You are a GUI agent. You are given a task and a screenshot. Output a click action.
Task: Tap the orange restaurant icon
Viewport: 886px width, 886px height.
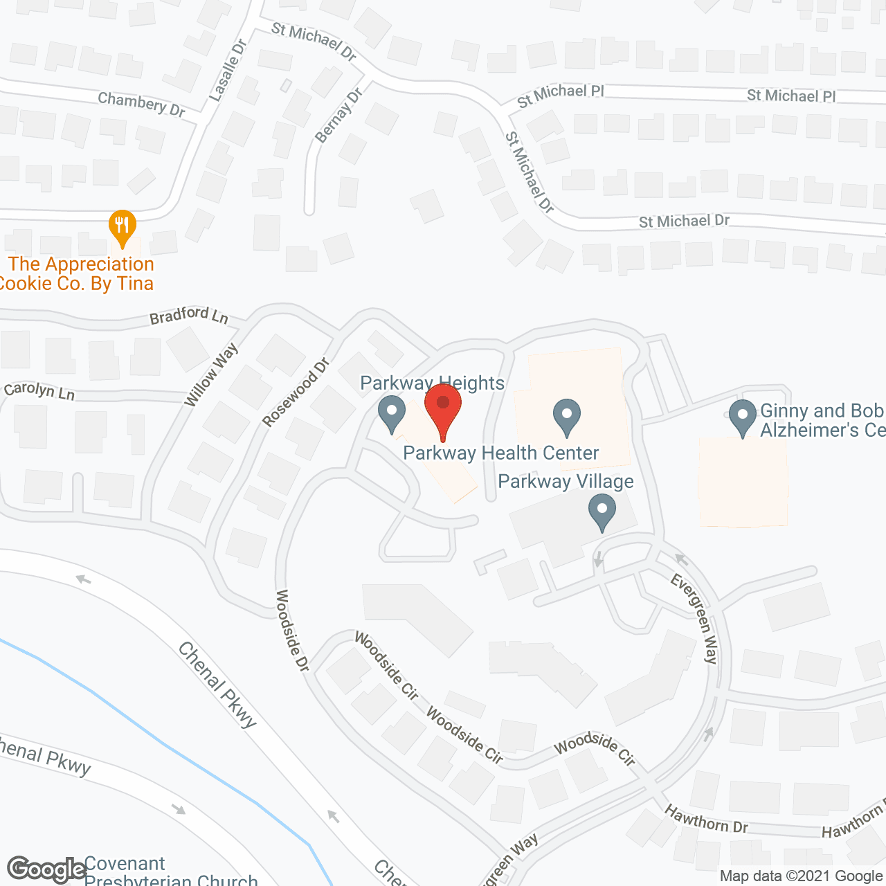click(x=123, y=225)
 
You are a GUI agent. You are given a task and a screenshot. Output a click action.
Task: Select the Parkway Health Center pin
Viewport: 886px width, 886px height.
click(x=567, y=416)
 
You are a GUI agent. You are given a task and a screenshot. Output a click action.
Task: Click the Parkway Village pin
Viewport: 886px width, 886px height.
click(x=602, y=511)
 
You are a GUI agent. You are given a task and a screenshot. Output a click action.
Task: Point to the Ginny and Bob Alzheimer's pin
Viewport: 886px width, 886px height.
click(x=743, y=417)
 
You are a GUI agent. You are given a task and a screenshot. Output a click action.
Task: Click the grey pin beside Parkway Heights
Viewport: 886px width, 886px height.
click(x=392, y=413)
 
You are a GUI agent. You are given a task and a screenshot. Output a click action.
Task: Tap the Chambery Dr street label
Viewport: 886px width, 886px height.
click(x=141, y=104)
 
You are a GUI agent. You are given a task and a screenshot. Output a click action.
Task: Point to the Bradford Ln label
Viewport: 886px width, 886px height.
click(x=189, y=316)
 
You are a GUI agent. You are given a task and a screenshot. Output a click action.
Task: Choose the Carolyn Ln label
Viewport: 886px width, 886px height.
click(x=39, y=391)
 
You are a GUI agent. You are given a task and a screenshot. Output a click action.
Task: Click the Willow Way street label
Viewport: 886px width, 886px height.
click(x=211, y=374)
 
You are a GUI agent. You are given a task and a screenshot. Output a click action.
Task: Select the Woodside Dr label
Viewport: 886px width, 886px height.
click(x=292, y=630)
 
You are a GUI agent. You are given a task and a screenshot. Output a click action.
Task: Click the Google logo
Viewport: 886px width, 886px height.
click(x=47, y=869)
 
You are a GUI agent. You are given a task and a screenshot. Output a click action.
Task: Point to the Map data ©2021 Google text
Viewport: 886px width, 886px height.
click(x=801, y=876)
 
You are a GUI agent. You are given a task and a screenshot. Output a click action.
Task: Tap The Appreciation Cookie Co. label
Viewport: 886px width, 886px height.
click(x=78, y=274)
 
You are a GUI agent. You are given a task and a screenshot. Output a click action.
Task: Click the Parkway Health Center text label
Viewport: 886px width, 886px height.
click(x=501, y=453)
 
